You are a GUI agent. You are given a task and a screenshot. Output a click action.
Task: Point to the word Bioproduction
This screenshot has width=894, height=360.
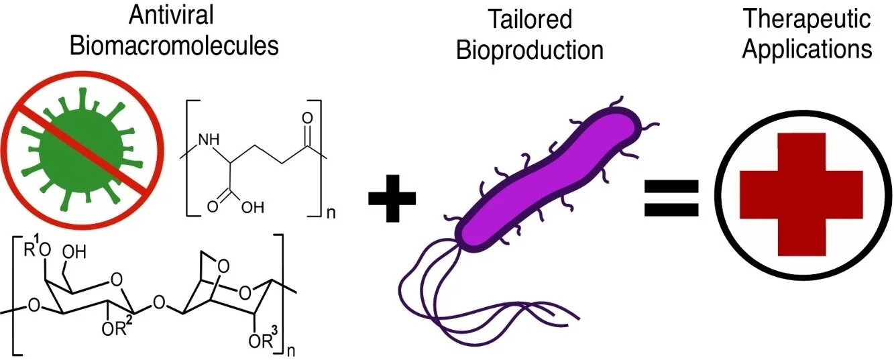(x=530, y=50)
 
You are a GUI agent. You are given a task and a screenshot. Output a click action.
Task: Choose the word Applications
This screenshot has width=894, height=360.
(x=807, y=50)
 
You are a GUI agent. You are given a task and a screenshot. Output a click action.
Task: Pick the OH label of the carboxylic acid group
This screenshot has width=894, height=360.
(x=248, y=207)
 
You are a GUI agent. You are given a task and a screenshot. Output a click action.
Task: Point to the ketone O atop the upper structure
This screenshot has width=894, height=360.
(x=308, y=118)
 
